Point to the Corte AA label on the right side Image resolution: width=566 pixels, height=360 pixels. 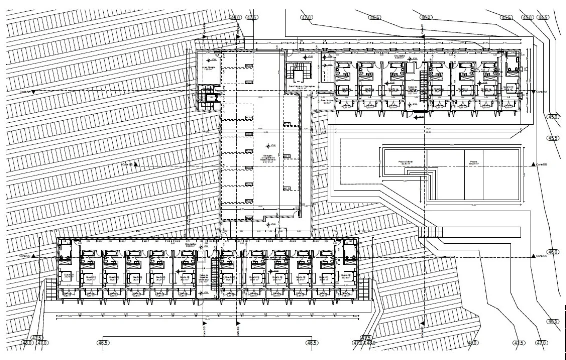pyautogui.click(x=542, y=92)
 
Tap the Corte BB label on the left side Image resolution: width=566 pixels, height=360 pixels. pyautogui.click(x=128, y=164)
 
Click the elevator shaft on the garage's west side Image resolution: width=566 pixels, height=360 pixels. pyautogui.click(x=208, y=97)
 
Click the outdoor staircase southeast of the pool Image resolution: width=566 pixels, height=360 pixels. pyautogui.click(x=431, y=232)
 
